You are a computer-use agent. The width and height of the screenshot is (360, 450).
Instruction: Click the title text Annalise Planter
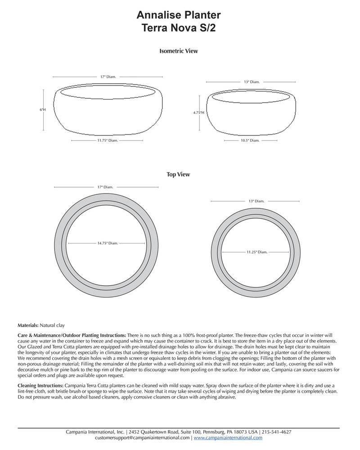click(x=179, y=16)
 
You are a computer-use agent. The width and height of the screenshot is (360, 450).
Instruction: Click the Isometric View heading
click(x=179, y=51)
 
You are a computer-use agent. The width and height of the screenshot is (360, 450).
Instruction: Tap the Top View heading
click(x=178, y=175)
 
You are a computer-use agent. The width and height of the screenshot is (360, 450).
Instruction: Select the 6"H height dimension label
click(x=43, y=109)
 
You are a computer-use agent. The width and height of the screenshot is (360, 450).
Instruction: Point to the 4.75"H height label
click(x=198, y=112)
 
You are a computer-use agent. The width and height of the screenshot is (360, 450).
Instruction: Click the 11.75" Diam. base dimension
click(x=107, y=141)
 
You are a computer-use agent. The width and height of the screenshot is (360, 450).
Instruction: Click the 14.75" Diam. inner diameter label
click(x=107, y=243)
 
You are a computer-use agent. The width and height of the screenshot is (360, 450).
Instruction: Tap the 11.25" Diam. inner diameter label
click(x=256, y=252)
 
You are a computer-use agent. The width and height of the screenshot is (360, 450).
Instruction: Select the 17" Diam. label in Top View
click(x=105, y=187)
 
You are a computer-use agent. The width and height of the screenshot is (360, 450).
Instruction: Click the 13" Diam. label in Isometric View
click(x=252, y=82)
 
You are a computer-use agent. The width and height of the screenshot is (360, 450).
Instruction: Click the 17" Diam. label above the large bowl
click(x=108, y=77)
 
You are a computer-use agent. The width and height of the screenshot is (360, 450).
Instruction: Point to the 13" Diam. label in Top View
click(x=256, y=201)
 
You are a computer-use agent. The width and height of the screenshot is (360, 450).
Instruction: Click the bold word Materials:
click(x=28, y=324)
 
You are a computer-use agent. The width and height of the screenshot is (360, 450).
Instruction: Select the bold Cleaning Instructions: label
click(x=40, y=386)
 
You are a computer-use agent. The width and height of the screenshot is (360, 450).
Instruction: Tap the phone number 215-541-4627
click(x=277, y=432)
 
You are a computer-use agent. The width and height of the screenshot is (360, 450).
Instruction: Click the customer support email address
click(x=143, y=437)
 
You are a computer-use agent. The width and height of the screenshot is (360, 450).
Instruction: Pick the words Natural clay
click(x=52, y=324)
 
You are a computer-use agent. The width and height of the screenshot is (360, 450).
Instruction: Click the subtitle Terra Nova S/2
click(x=179, y=28)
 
